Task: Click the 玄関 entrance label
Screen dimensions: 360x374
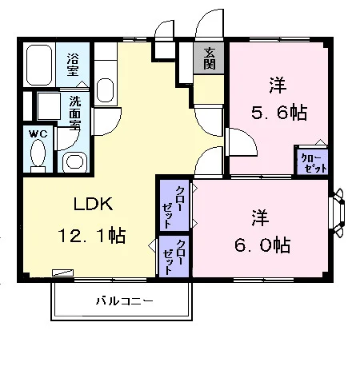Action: pos(209,58)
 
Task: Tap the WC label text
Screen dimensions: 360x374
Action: pos(38,133)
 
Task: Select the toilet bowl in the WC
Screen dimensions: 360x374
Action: pos(38,154)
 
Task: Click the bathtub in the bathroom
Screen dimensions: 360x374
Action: pos(39,65)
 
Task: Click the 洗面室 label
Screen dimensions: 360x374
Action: pos(75,113)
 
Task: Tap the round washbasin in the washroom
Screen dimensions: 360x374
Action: pos(74,162)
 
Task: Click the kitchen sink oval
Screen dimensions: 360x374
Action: pos(106,90)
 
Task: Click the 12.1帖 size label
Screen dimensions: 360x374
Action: pos(91,235)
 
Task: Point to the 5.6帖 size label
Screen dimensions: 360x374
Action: pos(279,113)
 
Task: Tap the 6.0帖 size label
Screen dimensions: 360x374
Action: pos(262,245)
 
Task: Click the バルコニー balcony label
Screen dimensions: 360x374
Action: pos(125,301)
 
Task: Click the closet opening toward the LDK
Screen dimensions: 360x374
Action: pos(174,256)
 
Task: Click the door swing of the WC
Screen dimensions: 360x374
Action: pos(67,138)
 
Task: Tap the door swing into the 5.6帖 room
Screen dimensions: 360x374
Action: pos(241,142)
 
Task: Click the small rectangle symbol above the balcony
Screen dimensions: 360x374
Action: pos(63,273)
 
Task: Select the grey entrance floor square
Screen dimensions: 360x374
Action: pos(209,58)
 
